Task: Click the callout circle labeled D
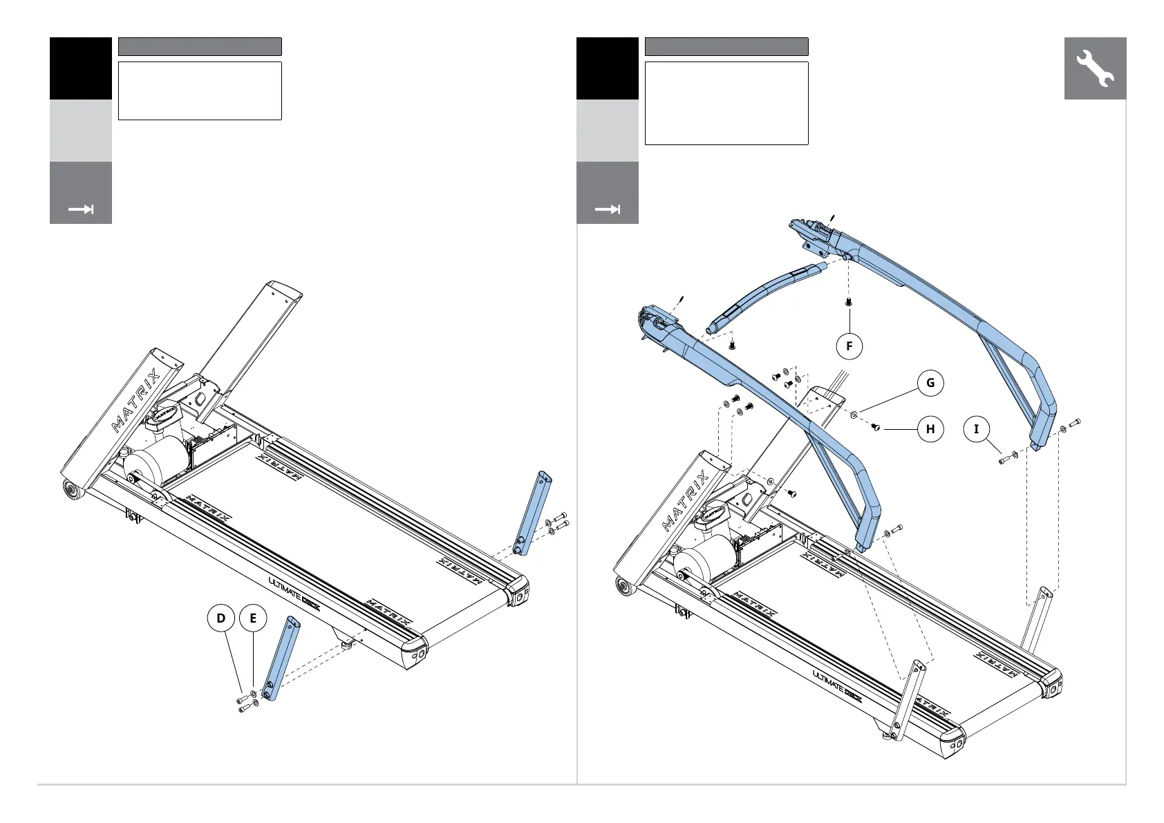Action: (221, 618)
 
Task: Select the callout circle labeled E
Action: (253, 618)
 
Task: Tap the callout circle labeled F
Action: (849, 346)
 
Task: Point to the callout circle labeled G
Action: (930, 383)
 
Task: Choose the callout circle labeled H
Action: (930, 429)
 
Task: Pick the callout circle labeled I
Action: (977, 429)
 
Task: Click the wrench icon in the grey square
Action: (1095, 68)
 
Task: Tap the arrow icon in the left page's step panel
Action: (81, 209)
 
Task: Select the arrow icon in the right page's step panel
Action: (608, 209)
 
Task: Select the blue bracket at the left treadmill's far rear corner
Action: (533, 512)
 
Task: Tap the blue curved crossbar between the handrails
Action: (760, 294)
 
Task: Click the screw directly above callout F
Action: (849, 302)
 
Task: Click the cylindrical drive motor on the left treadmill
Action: (155, 464)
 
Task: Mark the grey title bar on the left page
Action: (200, 46)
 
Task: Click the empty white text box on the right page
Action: (726, 103)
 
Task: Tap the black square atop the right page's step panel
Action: (608, 68)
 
